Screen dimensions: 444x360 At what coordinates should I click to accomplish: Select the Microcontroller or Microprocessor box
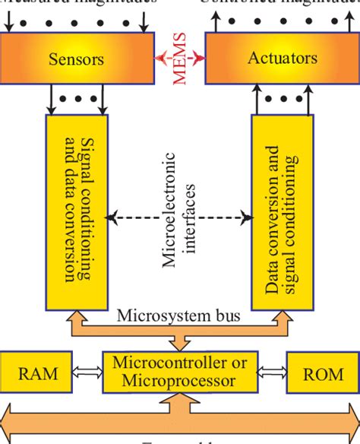point(179,373)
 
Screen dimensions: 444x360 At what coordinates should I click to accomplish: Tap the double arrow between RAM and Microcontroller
point(88,373)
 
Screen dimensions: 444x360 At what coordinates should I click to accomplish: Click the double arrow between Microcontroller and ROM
point(273,373)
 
